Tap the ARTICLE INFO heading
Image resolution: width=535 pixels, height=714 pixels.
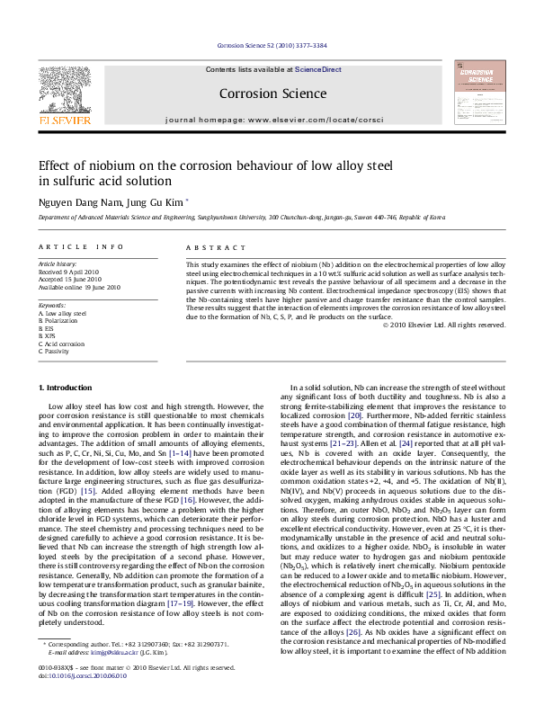(81, 246)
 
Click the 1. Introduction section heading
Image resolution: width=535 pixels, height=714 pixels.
(67, 388)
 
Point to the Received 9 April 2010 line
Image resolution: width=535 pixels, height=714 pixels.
(68, 271)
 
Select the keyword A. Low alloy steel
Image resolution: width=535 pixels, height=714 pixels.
(62, 313)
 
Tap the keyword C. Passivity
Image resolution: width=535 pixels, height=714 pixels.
(56, 350)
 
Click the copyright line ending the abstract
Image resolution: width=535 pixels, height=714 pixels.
(443, 325)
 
